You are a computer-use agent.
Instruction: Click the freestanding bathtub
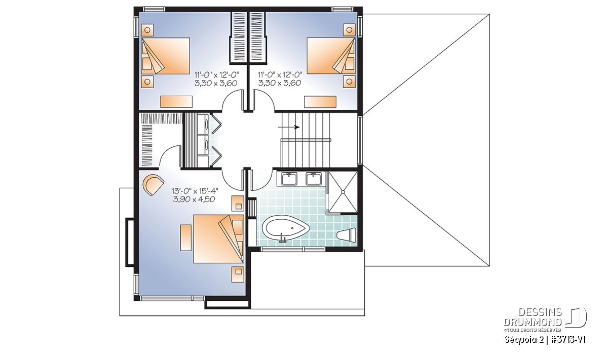tap(286, 227)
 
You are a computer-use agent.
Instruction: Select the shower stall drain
tap(343, 192)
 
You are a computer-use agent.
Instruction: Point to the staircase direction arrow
tap(288, 127)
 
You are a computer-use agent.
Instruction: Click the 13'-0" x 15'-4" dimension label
tap(195, 191)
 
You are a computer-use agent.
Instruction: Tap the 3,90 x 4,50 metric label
tap(194, 199)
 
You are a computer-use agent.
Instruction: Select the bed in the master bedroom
tap(218, 238)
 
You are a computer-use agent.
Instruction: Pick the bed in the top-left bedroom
tap(165, 56)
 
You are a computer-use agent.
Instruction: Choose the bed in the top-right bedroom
tap(331, 56)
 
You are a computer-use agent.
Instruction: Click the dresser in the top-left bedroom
tap(176, 102)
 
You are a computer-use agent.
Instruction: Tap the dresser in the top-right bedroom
tap(320, 102)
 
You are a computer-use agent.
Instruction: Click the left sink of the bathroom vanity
tap(289, 179)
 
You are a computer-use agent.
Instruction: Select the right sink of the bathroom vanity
tap(314, 179)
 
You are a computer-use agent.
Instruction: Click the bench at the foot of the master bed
tap(186, 237)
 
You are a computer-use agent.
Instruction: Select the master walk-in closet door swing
tap(169, 155)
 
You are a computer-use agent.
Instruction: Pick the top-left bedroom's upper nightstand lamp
tap(147, 30)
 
